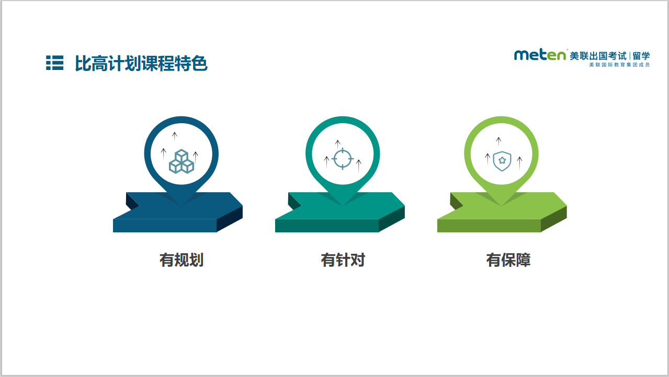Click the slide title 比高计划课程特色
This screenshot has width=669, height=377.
(x=141, y=63)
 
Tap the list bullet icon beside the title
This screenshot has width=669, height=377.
(x=54, y=63)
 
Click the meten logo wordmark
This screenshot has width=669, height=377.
(x=540, y=55)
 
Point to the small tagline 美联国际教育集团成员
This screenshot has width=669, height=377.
(x=619, y=65)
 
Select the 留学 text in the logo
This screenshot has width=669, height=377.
(x=641, y=56)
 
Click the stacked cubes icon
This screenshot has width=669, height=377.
(x=182, y=161)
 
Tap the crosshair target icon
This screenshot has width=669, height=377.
(x=343, y=159)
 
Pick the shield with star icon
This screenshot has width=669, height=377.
(x=502, y=161)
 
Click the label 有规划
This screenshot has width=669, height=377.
(x=182, y=260)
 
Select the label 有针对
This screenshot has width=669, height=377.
(x=343, y=260)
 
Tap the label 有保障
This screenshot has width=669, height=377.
(x=508, y=260)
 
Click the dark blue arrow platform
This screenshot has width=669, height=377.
(x=178, y=212)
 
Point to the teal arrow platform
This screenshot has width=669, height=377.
(x=340, y=212)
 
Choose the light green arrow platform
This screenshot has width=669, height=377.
(x=502, y=212)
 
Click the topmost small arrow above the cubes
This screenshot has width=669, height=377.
(x=174, y=137)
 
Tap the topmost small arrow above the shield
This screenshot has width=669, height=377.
(x=498, y=142)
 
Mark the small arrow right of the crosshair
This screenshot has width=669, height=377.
(x=359, y=167)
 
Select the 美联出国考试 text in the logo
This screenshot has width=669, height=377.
(x=598, y=56)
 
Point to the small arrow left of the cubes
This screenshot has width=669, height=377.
(x=163, y=155)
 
